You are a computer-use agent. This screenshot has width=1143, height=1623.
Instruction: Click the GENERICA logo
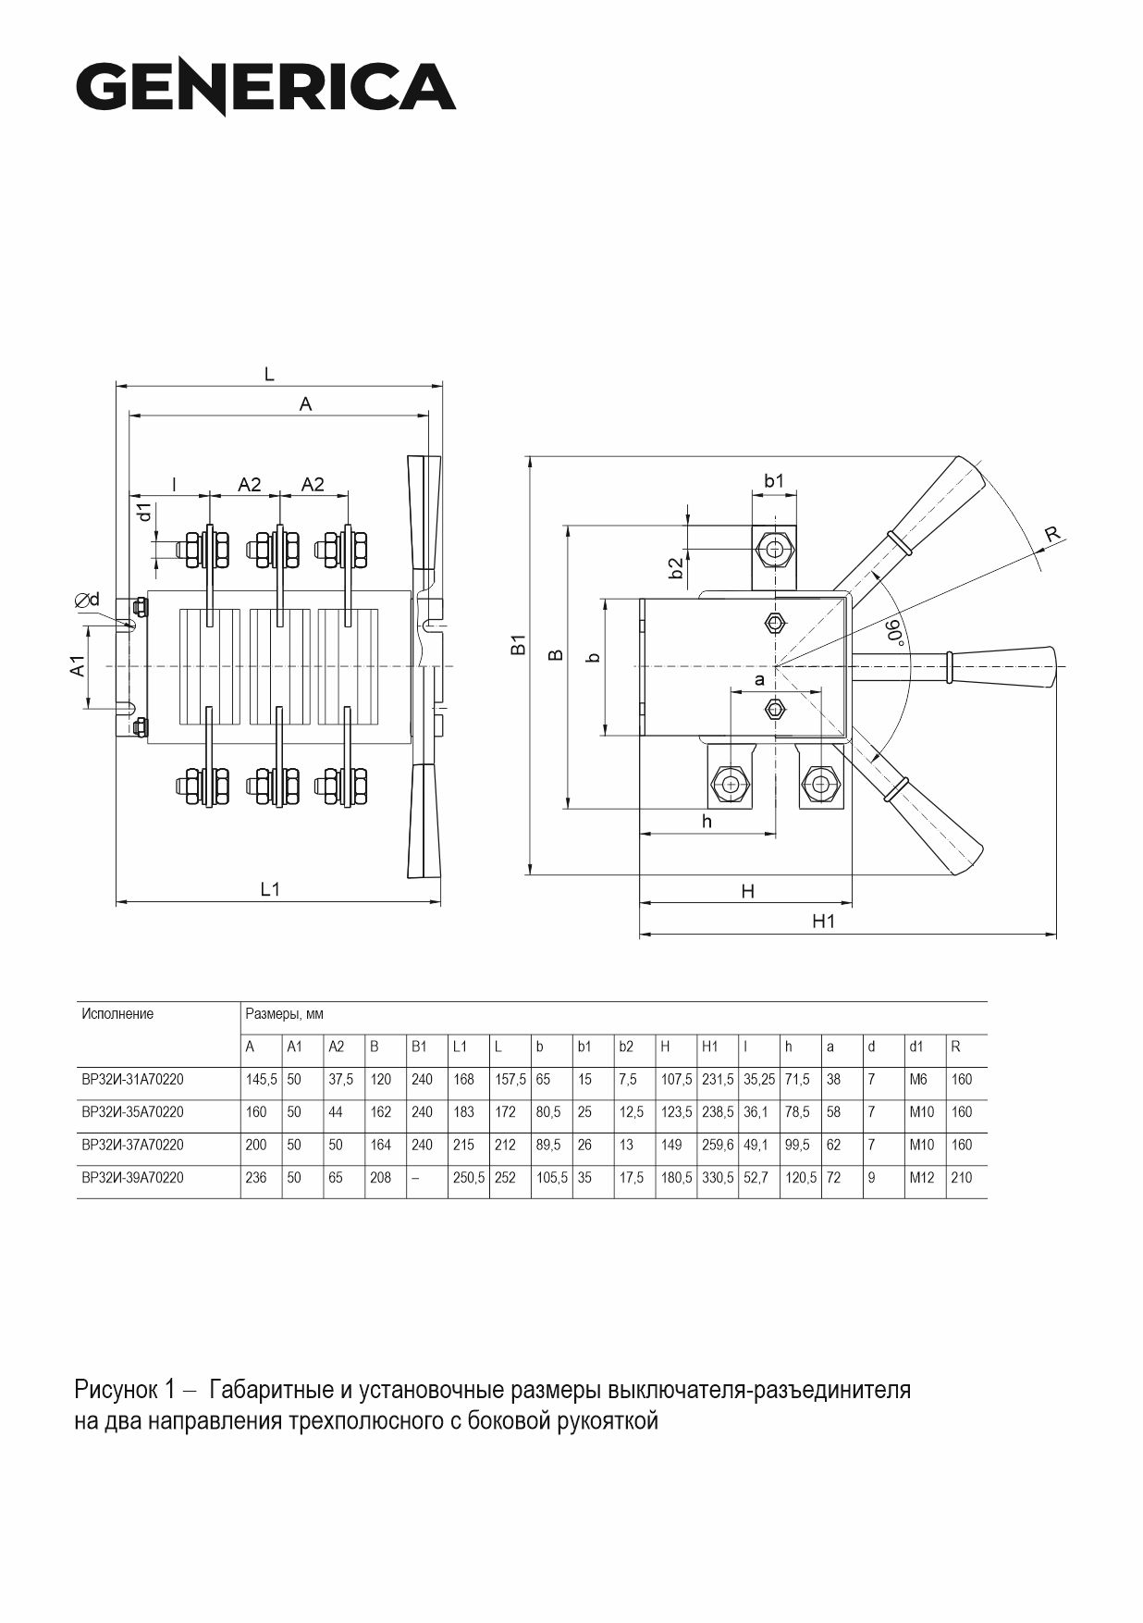(x=266, y=87)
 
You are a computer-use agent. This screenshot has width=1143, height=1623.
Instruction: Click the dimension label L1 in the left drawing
(x=269, y=889)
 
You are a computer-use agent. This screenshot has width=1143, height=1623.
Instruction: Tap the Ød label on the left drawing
(x=88, y=600)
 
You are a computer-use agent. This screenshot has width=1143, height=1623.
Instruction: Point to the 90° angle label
(x=892, y=632)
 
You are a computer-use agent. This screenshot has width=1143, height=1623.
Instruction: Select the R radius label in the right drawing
(x=1051, y=534)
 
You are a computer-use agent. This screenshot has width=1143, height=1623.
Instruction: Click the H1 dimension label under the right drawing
(x=823, y=922)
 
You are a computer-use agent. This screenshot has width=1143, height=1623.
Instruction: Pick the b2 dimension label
(x=677, y=568)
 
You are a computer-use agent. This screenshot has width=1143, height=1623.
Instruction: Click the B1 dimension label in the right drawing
(x=519, y=645)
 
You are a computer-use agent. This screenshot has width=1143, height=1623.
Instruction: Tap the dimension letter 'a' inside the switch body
(x=760, y=680)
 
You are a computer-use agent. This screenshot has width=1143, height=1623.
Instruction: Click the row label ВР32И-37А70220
(x=132, y=1145)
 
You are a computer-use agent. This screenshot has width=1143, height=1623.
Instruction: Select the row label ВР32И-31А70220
(x=132, y=1079)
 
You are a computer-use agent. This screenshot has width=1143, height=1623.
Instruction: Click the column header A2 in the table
(x=336, y=1047)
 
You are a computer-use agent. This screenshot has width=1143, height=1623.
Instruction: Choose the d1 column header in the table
(x=916, y=1047)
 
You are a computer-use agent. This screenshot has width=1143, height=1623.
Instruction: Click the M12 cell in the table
(x=921, y=1178)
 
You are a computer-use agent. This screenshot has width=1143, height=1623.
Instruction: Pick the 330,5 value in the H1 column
(x=718, y=1178)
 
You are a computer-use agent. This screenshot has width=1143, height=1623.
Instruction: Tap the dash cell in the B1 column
(x=414, y=1178)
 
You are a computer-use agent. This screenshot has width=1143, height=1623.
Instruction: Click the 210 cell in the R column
(x=962, y=1178)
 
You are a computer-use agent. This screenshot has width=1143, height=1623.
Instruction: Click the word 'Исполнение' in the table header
(x=117, y=1014)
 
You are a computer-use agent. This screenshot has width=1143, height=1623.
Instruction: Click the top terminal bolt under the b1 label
(x=773, y=550)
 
